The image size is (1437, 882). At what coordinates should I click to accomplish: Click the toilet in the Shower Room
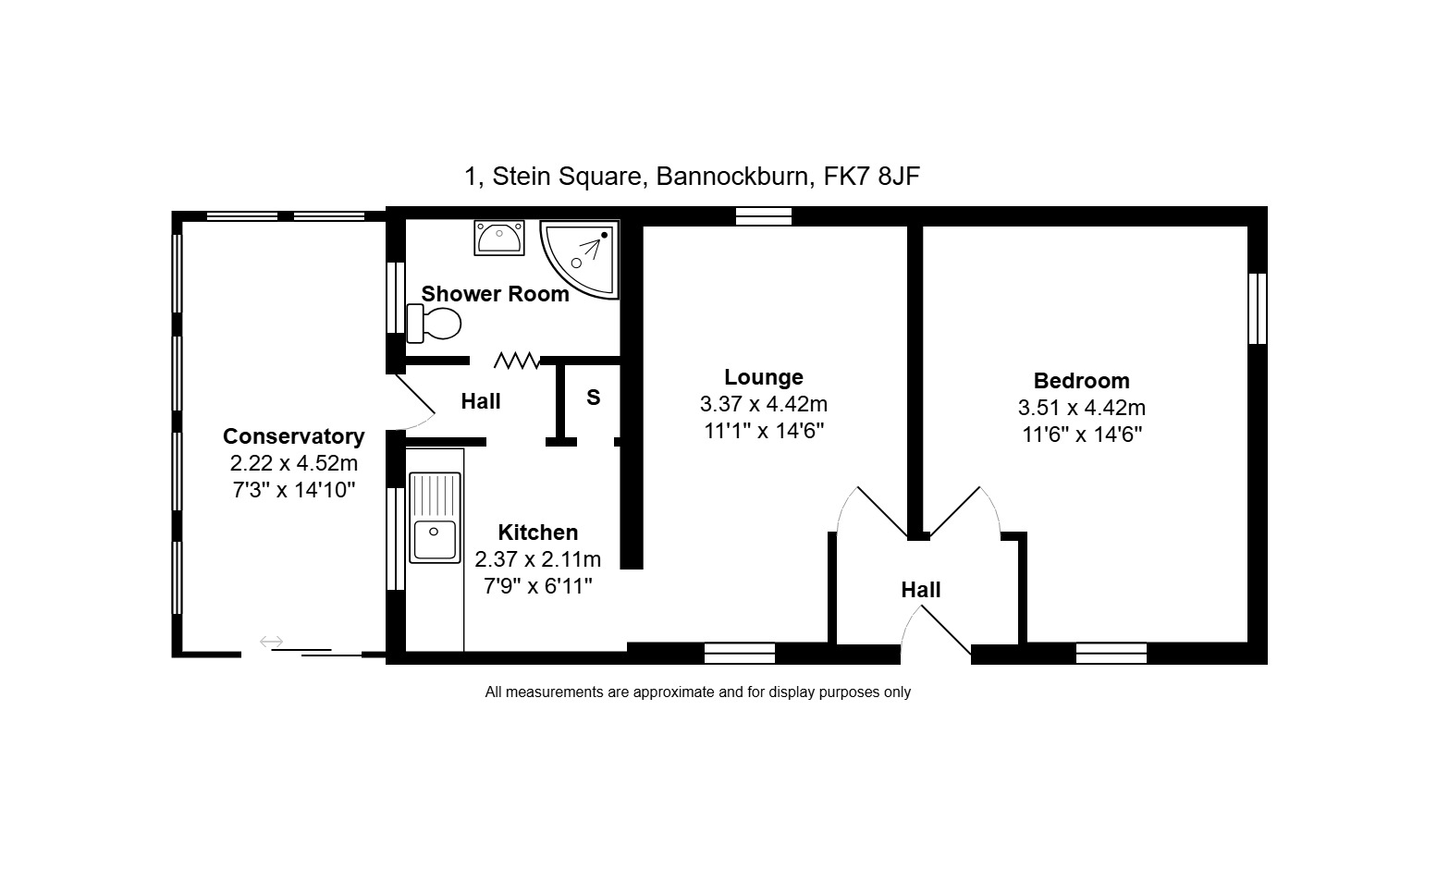pyautogui.click(x=435, y=323)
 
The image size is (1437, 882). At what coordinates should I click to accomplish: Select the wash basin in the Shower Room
pyautogui.click(x=499, y=238)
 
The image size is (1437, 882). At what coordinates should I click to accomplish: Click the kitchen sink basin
pyautogui.click(x=435, y=540)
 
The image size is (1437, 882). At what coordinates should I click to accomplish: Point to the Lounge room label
pyautogui.click(x=764, y=376)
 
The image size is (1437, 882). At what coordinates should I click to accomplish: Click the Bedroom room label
pyautogui.click(x=1082, y=380)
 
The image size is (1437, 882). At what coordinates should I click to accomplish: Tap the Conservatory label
pyautogui.click(x=294, y=436)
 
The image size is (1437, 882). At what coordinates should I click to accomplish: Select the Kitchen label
pyautogui.click(x=537, y=533)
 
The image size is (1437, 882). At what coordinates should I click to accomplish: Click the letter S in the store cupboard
pyautogui.click(x=594, y=397)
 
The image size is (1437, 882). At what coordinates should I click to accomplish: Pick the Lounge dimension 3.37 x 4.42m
pyautogui.click(x=764, y=404)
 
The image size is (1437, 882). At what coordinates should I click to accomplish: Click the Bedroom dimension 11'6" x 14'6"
pyautogui.click(x=1082, y=435)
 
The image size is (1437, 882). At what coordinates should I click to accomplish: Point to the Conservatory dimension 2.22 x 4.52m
pyautogui.click(x=294, y=463)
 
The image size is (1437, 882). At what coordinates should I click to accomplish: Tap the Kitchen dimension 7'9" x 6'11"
pyautogui.click(x=537, y=586)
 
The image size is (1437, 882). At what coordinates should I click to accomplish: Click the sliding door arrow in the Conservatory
pyautogui.click(x=271, y=641)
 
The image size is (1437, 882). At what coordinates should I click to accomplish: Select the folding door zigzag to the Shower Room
pyautogui.click(x=516, y=361)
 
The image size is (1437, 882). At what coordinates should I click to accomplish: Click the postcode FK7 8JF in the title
pyautogui.click(x=871, y=177)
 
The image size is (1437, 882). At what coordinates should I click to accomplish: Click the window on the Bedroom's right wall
pyautogui.click(x=1258, y=309)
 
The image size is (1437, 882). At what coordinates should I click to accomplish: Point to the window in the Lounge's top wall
pyautogui.click(x=764, y=216)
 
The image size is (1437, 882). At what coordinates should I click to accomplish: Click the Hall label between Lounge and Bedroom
pyautogui.click(x=921, y=590)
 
